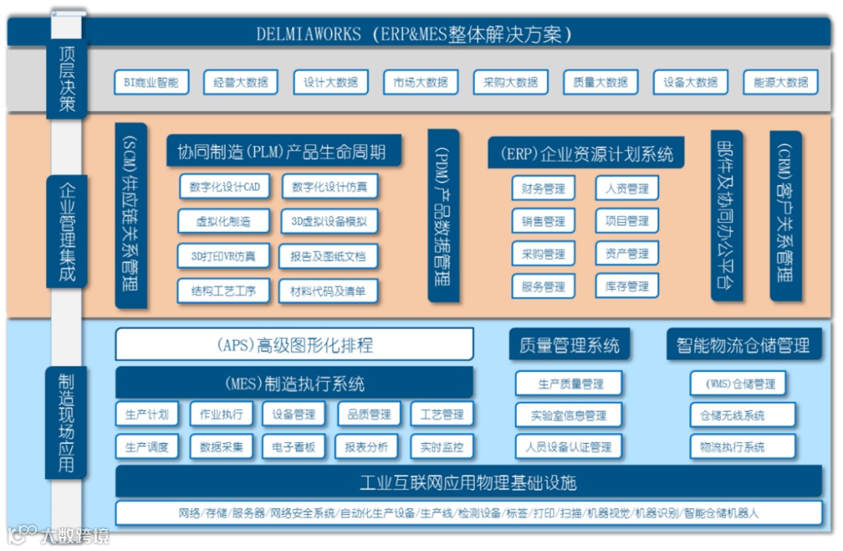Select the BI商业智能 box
pos(151,82)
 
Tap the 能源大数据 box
pos(781,82)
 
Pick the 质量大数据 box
pos(600,82)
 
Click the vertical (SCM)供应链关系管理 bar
pos(130,214)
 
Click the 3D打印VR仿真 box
pos(223,256)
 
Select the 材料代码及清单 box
pos(328,291)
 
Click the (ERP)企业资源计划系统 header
pos(585,153)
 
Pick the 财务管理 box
pos(543,188)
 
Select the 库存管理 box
pos(627,286)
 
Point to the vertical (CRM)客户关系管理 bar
pos(785,215)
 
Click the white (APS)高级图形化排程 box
pos(294,344)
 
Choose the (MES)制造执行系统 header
pos(294,383)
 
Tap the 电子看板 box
pos(293,447)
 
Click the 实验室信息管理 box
pos(569,415)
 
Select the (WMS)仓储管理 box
pos(738,384)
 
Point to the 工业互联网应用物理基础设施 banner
pos(468,481)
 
